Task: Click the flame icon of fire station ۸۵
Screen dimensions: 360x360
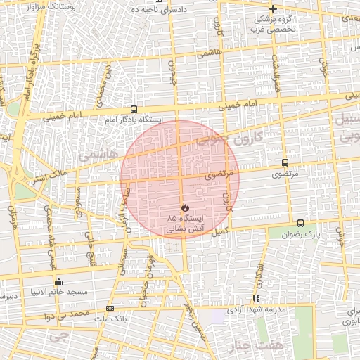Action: pos(184,208)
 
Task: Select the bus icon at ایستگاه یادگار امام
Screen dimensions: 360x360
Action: pos(134,110)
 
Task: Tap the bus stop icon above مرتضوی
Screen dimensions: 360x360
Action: pos(285,162)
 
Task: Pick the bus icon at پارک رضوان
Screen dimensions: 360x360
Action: pos(301,223)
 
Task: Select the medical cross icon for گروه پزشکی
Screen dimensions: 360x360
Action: pos(273,9)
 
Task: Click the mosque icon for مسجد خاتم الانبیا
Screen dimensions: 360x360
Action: pos(58,281)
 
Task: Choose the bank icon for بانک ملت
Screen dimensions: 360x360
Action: pos(109,308)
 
